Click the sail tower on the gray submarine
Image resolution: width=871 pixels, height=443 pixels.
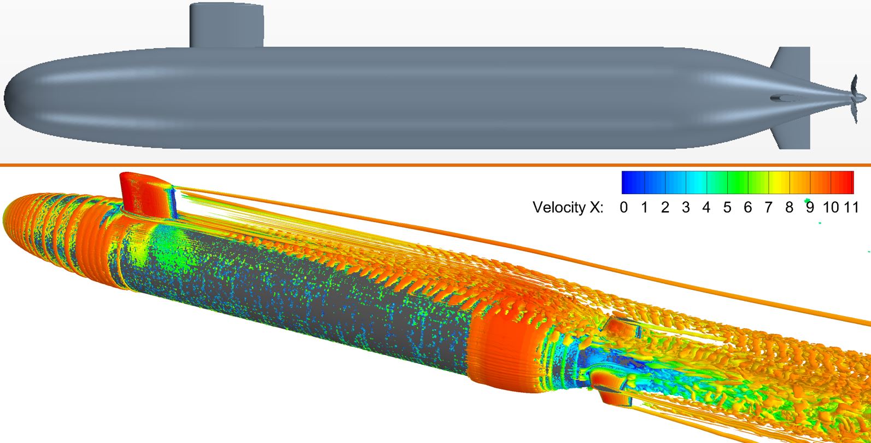coord(226,25)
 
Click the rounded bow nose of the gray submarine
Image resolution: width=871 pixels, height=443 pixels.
coord(24,98)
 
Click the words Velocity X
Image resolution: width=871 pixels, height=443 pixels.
coord(568,207)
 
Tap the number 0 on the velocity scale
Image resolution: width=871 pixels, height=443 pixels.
coord(624,208)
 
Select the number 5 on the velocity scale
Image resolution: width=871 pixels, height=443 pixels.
coord(727,208)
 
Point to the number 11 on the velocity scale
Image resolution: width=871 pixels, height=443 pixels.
coord(851,208)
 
